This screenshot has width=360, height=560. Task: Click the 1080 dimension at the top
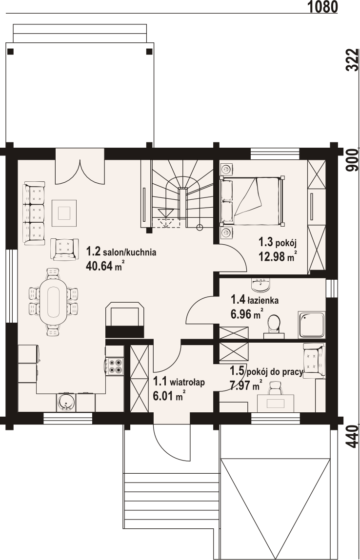322,6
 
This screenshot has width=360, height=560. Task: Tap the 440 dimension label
353,436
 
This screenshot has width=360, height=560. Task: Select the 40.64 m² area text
105,266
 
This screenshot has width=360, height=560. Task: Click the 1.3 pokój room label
278,243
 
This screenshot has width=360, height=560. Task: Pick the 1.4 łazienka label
255,300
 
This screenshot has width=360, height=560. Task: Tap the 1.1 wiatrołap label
179,382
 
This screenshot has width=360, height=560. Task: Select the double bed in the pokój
252,201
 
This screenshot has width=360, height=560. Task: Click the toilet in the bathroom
274,326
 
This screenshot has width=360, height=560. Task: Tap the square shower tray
311,325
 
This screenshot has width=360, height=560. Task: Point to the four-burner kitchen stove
115,366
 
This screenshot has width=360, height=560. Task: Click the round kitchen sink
66,402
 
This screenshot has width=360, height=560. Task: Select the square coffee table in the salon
64,213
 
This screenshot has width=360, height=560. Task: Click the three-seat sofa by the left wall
34,213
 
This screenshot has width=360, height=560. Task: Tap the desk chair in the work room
275,388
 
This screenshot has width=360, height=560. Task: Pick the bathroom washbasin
261,284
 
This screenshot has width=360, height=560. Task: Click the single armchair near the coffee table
64,249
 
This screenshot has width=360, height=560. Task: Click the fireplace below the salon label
125,320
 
